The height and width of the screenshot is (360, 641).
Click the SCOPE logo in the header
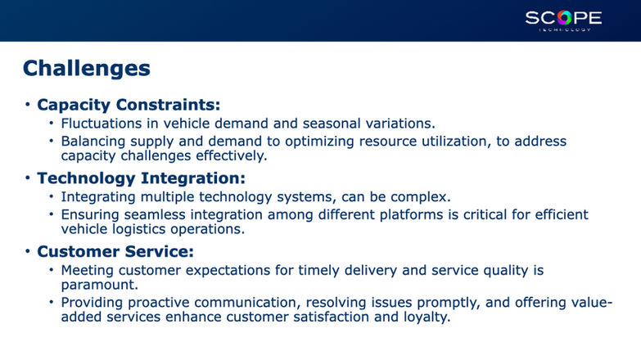563,20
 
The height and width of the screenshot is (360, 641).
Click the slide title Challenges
87,68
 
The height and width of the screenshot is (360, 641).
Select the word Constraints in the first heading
168,105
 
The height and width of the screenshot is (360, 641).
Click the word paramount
100,285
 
